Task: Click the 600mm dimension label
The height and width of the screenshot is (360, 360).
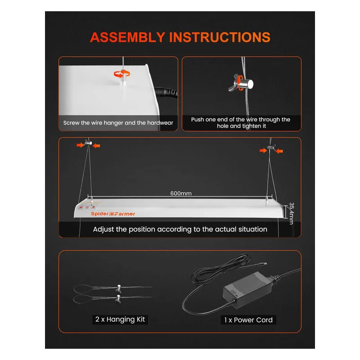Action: (x=180, y=193)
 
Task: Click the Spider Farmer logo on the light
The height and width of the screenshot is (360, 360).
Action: (x=113, y=213)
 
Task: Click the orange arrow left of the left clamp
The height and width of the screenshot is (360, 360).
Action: (x=80, y=144)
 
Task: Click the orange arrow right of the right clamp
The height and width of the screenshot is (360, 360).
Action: (x=280, y=152)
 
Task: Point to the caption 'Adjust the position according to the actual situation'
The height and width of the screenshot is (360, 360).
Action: (x=180, y=229)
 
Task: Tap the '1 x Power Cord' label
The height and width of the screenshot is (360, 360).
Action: (x=248, y=320)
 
